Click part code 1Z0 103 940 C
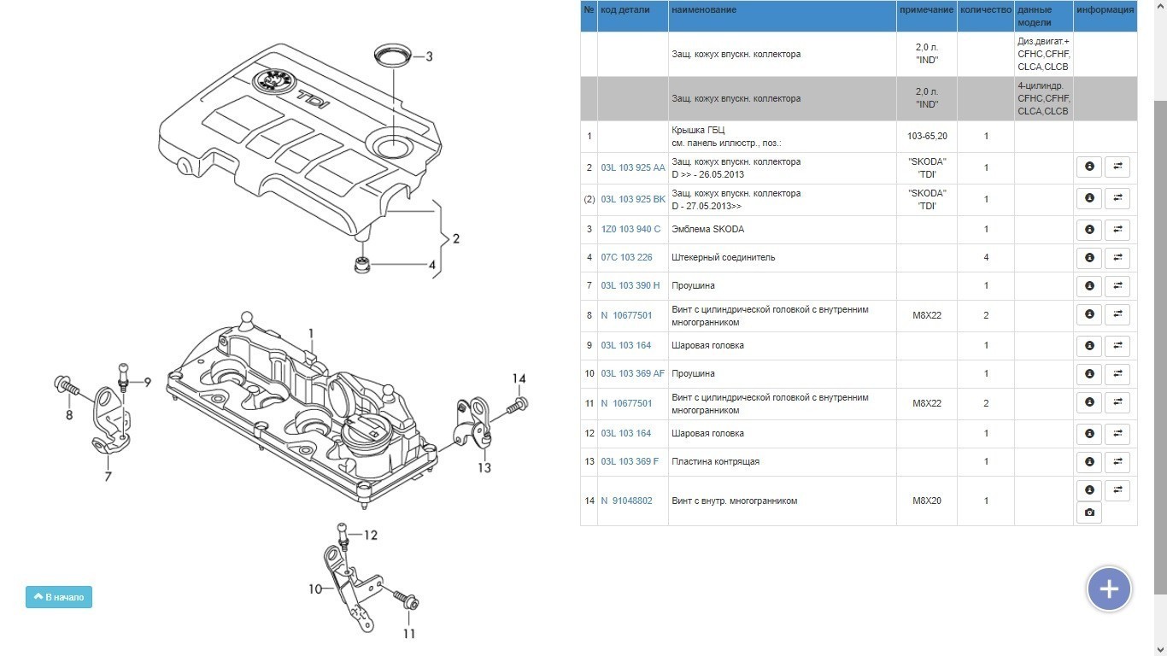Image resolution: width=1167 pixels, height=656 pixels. (x=630, y=230)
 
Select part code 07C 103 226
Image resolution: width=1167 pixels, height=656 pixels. (x=626, y=258)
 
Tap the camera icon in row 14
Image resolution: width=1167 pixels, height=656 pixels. (x=1088, y=512)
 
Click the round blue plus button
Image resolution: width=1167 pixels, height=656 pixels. (x=1109, y=589)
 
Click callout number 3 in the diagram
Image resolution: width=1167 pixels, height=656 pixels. (x=429, y=57)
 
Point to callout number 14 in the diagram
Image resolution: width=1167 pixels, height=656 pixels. (x=519, y=379)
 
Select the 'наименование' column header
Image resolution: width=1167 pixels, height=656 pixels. (x=704, y=10)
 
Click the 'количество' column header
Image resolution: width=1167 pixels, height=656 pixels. (x=985, y=10)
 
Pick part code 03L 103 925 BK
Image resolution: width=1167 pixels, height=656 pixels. (x=632, y=200)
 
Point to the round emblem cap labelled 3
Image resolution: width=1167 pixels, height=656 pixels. (x=392, y=54)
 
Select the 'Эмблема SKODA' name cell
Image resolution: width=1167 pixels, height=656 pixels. (x=708, y=230)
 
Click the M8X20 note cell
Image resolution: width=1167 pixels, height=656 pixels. (x=926, y=501)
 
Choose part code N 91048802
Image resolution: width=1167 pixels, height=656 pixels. (x=626, y=501)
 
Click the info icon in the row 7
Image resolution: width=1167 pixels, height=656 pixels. (x=1088, y=286)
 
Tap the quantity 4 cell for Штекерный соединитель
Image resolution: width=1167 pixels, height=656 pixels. (x=985, y=258)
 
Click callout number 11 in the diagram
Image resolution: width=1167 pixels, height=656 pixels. (x=409, y=634)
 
